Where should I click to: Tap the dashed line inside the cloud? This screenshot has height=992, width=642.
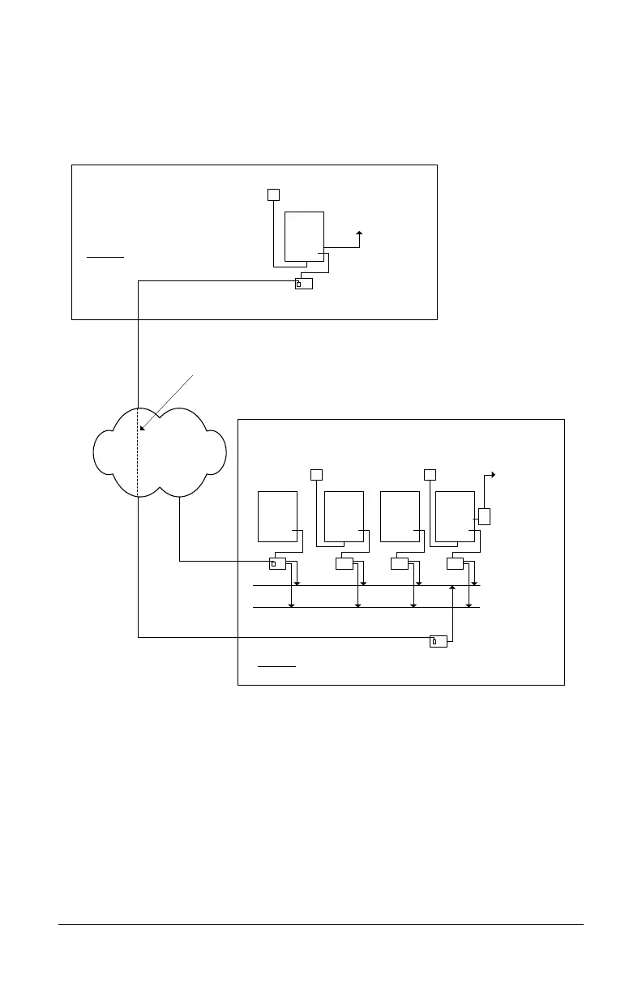click(x=138, y=462)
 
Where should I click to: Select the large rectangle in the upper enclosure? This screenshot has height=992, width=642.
click(x=304, y=237)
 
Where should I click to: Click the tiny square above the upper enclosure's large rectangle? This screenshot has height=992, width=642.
click(x=273, y=195)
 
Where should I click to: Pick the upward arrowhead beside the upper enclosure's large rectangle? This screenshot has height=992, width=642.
click(x=359, y=233)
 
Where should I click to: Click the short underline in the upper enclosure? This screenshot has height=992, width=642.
click(x=105, y=256)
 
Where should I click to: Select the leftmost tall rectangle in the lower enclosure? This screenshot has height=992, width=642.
click(x=277, y=516)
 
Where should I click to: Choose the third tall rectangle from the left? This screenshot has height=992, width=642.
click(x=399, y=516)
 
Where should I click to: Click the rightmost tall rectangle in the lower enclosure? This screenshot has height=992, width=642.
click(x=455, y=516)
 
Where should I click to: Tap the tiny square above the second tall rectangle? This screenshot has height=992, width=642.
click(x=317, y=473)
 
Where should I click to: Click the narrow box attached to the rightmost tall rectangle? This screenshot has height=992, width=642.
click(x=485, y=516)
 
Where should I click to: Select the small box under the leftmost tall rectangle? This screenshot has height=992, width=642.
click(x=278, y=564)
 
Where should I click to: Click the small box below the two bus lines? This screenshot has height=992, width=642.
click(x=438, y=643)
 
